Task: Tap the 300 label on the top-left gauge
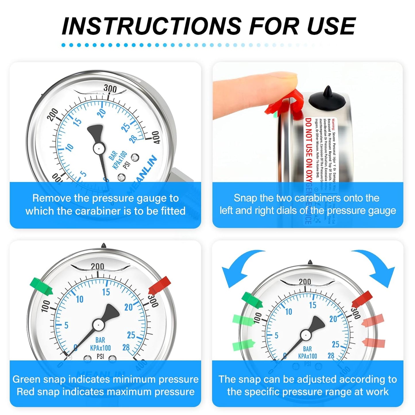pyautogui.click(x=110, y=88)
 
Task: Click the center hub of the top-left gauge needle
pyautogui.click(x=98, y=148)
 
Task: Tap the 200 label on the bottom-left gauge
pyautogui.click(x=97, y=266)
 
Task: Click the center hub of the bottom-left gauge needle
pyautogui.click(x=98, y=325)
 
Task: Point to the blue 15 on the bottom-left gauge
pyautogui.click(x=106, y=292)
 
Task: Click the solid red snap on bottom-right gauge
pyautogui.click(x=362, y=299)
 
